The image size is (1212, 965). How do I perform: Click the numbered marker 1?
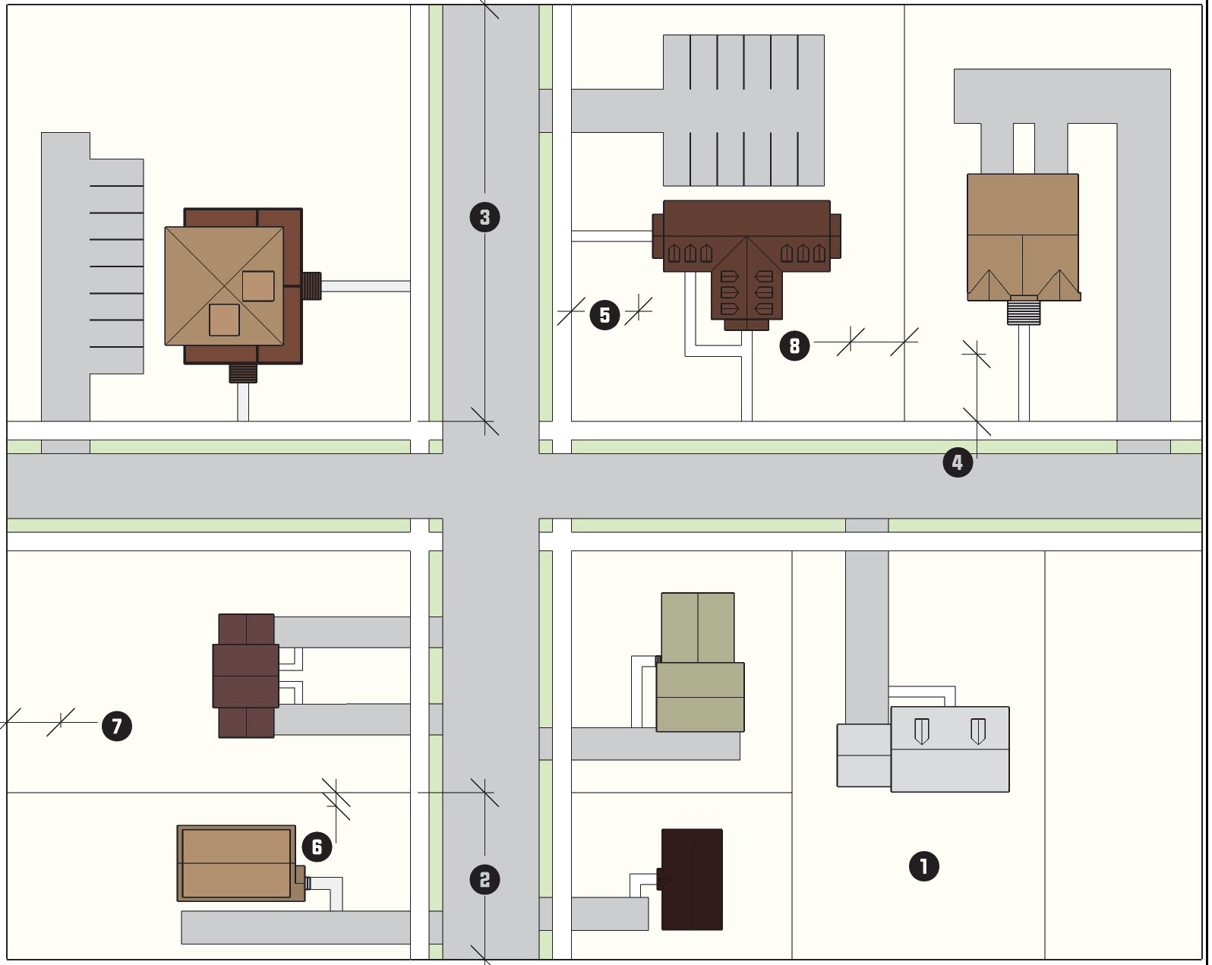click(923, 866)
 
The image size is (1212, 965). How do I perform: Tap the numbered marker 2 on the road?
click(484, 880)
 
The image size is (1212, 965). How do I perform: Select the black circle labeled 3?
click(484, 218)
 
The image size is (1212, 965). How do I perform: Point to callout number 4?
click(957, 462)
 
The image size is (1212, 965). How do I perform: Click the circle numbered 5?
click(604, 315)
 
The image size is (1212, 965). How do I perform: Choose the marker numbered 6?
click(317, 847)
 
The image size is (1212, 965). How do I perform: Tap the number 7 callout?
click(116, 726)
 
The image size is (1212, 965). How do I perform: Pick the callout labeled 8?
click(794, 346)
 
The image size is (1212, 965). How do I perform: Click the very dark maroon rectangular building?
click(692, 879)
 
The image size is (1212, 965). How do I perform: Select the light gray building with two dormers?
click(949, 749)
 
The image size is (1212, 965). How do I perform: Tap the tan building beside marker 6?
click(236, 863)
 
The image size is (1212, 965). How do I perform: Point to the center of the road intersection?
click(491, 486)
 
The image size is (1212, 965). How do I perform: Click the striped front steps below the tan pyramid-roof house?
click(243, 374)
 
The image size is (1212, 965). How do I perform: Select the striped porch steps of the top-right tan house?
click(1023, 312)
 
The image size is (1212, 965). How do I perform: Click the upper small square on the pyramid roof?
click(258, 286)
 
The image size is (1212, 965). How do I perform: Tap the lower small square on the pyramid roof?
click(224, 320)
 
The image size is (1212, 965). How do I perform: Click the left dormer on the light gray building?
click(921, 730)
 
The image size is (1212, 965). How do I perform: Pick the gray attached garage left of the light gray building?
click(863, 755)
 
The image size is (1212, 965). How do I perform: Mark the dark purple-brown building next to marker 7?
click(246, 676)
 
